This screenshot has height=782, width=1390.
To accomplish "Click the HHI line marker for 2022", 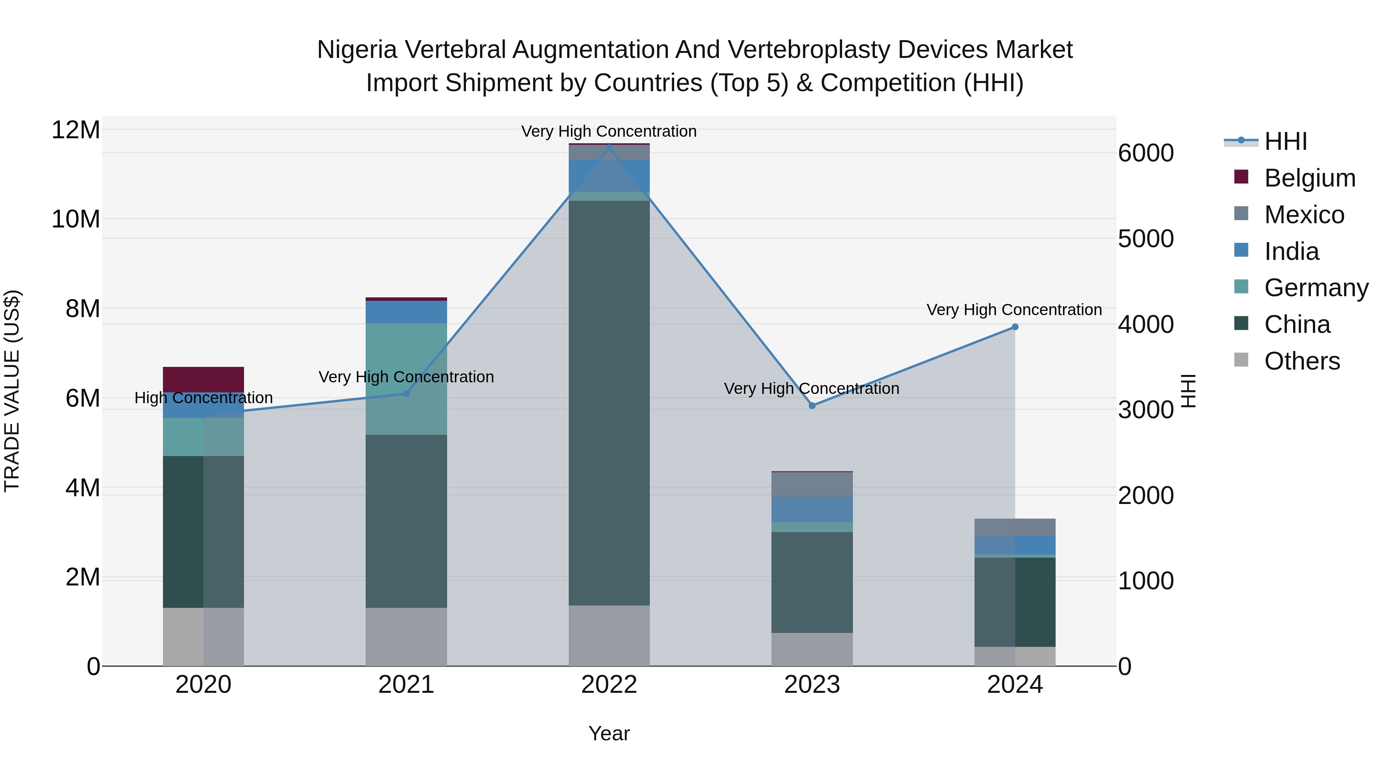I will pos(609,148).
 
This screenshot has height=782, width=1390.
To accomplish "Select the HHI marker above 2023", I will pos(812,405).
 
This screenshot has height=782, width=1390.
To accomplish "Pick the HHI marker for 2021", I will pos(406,394).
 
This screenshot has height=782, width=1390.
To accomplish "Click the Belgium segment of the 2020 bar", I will pos(203,379).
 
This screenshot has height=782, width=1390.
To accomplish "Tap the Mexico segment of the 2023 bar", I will pos(812,484).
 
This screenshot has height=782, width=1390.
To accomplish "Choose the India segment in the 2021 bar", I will pos(406,312).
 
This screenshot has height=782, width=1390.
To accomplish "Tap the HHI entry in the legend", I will pos(1285,141).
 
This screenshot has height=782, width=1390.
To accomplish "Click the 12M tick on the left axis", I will pos(76,130).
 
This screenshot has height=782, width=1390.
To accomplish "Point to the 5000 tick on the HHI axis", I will pos(1146,239).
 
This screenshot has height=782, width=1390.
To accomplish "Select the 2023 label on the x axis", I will pos(812,685).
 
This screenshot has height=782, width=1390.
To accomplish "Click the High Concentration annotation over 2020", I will pos(203,398).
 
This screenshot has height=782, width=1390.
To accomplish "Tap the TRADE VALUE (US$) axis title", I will pos(12,391).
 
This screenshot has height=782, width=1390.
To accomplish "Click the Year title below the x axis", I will pos(609,733).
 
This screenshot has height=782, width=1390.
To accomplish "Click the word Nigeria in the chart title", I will pos(357,50).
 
